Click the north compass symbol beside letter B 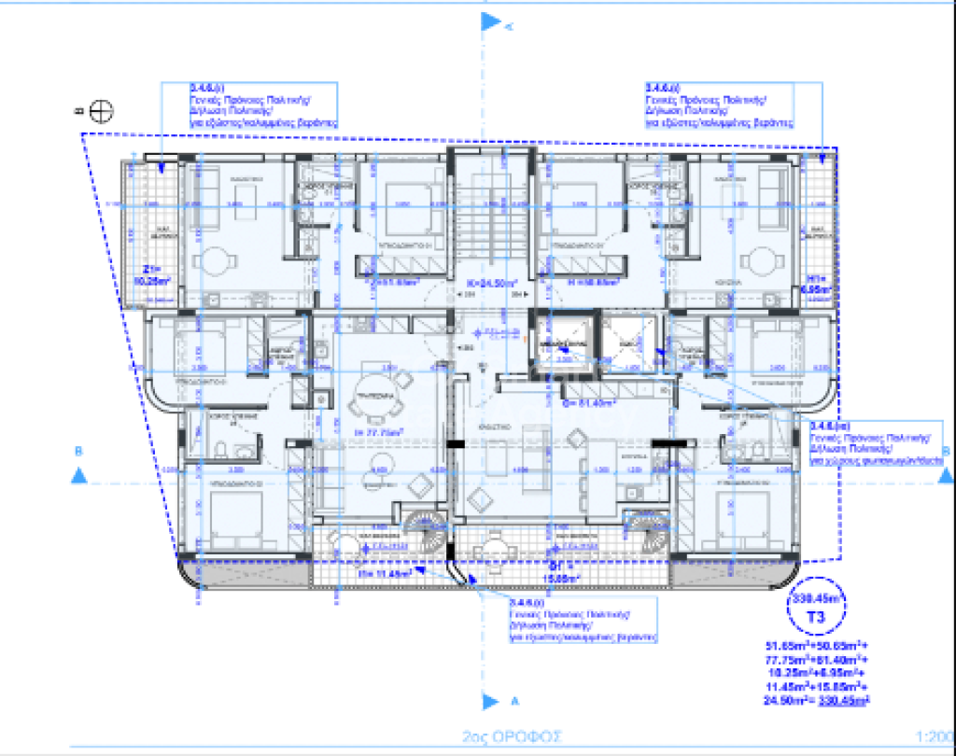[102, 110]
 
